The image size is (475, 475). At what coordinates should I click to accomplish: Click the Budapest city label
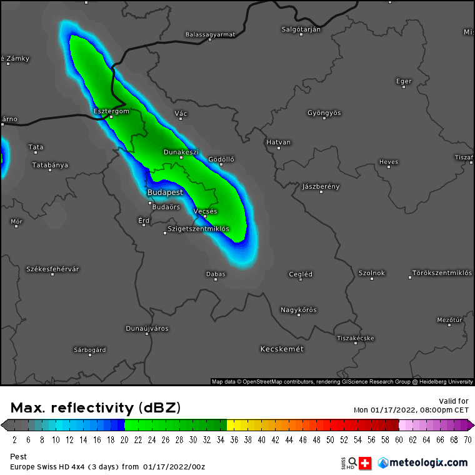(166, 192)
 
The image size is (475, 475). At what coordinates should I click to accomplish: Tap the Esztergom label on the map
(111, 111)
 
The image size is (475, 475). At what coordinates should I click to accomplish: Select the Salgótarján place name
(301, 29)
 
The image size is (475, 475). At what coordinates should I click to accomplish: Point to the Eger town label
(404, 81)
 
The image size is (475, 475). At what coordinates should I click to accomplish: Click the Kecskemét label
(282, 349)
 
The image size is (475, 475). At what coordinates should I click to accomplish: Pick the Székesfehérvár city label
(52, 269)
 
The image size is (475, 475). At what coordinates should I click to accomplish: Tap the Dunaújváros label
(147, 328)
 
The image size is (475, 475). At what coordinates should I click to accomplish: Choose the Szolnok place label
(372, 273)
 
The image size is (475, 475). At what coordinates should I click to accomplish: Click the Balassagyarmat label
(211, 35)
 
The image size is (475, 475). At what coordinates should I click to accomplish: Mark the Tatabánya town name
(50, 165)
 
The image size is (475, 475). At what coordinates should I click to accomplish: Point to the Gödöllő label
(221, 159)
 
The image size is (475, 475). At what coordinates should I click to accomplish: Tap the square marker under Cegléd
(300, 280)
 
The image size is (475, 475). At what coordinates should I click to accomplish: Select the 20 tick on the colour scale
(124, 440)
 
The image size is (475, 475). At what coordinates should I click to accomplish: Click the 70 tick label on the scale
(467, 440)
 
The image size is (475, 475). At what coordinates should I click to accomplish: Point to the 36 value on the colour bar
(234, 440)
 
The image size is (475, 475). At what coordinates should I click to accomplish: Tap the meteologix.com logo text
(427, 462)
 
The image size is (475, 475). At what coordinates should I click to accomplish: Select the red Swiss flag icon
(366, 463)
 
